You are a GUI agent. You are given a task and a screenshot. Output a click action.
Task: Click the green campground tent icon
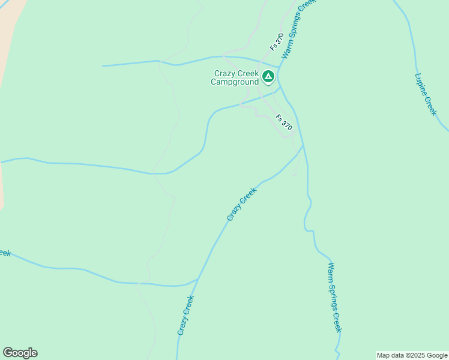click(268, 77)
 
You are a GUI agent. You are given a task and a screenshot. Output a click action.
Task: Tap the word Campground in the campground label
click(235, 82)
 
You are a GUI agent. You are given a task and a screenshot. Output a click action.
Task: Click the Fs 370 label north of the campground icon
click(277, 41)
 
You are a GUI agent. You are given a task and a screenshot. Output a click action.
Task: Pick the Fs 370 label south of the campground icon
click(284, 123)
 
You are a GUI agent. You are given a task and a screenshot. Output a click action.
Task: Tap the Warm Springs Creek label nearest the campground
click(298, 28)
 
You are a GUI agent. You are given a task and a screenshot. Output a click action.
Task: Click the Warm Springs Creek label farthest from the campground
click(335, 297)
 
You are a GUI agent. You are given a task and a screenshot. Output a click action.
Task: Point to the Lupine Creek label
click(425, 94)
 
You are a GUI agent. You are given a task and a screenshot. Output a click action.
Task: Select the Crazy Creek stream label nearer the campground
click(241, 204)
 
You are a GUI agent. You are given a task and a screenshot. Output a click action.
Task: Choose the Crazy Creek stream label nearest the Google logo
click(185, 316)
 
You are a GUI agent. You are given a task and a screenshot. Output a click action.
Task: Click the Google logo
click(20, 353)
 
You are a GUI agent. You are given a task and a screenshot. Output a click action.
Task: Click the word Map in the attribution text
click(384, 355)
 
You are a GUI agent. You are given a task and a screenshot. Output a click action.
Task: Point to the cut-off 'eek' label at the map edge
click(4, 253)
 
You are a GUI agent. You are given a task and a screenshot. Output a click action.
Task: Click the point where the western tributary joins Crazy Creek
click(198, 279)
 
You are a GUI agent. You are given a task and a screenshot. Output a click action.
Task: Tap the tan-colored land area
click(9, 36)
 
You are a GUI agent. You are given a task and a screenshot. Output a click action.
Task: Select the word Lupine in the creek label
click(420, 84)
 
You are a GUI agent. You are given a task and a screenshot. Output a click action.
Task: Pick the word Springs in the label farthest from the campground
click(334, 298)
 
